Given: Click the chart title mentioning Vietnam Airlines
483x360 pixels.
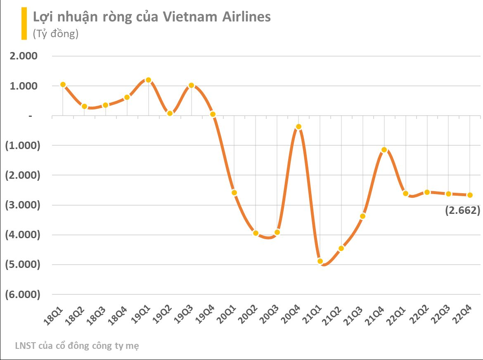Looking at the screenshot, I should pos(152,17).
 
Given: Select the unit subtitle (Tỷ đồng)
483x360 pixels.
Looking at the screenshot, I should pos(56,34).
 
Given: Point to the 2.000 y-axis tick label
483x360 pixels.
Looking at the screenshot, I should pos(24,56).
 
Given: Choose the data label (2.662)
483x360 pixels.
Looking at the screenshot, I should pos(462,211).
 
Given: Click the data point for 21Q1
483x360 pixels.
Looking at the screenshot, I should pos(320,261).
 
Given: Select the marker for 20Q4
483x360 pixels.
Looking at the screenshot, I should pos(298,127).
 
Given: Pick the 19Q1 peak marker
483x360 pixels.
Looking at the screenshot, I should pos(148,80).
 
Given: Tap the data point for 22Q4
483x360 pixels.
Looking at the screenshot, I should pos(470,195).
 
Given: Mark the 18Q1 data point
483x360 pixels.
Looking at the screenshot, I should pos(63,85).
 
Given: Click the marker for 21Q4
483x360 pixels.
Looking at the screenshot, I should pos(384,150).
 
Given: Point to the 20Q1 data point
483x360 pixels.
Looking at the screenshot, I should pos(234,193).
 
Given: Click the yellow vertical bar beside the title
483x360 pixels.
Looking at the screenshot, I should pos(24,23).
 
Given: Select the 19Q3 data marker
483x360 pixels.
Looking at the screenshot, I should pos(191,85).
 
